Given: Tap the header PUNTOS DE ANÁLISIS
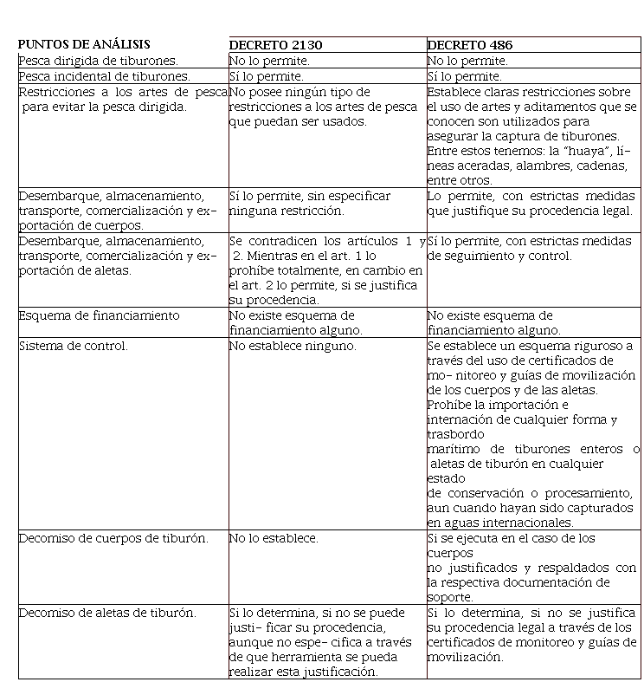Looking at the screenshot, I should pyautogui.click(x=84, y=44).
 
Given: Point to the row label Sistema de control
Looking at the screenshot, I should pyautogui.click(x=73, y=346).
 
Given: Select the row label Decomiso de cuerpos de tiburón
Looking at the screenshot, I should pyautogui.click(x=113, y=538).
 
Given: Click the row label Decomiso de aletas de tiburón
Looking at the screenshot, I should pyautogui.click(x=107, y=613).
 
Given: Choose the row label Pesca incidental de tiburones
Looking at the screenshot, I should pyautogui.click(x=104, y=76).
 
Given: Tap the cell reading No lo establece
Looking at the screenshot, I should pyautogui.click(x=274, y=538).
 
